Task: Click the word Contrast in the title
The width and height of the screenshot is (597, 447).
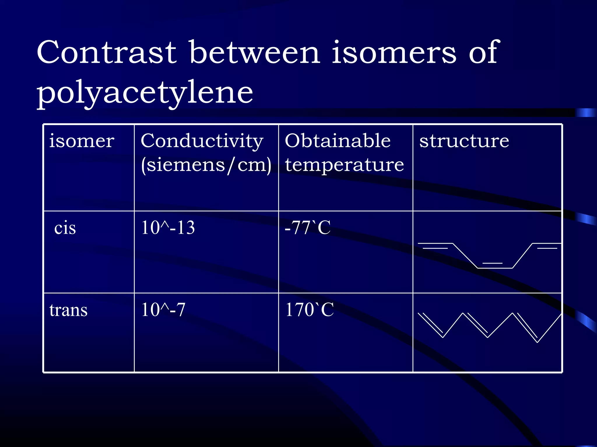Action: [x=106, y=52]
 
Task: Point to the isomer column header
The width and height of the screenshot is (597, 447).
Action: [x=82, y=141]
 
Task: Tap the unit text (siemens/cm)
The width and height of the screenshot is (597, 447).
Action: [x=206, y=165]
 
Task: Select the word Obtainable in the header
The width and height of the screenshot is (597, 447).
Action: [x=338, y=141]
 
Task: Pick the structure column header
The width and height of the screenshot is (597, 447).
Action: [x=464, y=141]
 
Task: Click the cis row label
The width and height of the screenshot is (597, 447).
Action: [x=65, y=228]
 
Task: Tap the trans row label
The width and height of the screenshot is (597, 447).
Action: [x=68, y=310]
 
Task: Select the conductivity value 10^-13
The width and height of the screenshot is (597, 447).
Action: [x=168, y=228]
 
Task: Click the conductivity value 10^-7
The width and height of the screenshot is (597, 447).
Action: [x=163, y=310]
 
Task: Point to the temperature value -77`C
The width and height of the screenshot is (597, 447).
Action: [x=308, y=228]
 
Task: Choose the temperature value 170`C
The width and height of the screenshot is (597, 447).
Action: [x=310, y=310]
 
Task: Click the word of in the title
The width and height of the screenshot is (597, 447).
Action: [x=484, y=52]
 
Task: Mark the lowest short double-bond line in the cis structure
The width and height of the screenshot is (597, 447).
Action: [x=492, y=263]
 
